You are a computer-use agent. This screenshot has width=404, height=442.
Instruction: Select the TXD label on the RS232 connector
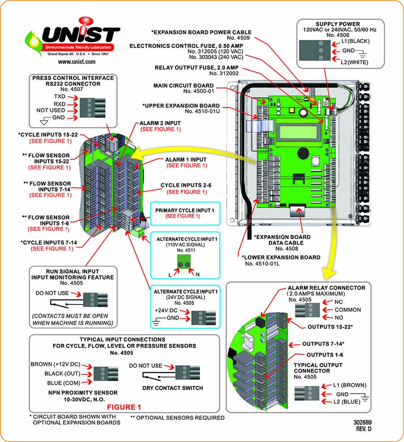point(59,96)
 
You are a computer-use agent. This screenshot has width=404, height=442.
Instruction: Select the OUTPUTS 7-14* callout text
point(323,344)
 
